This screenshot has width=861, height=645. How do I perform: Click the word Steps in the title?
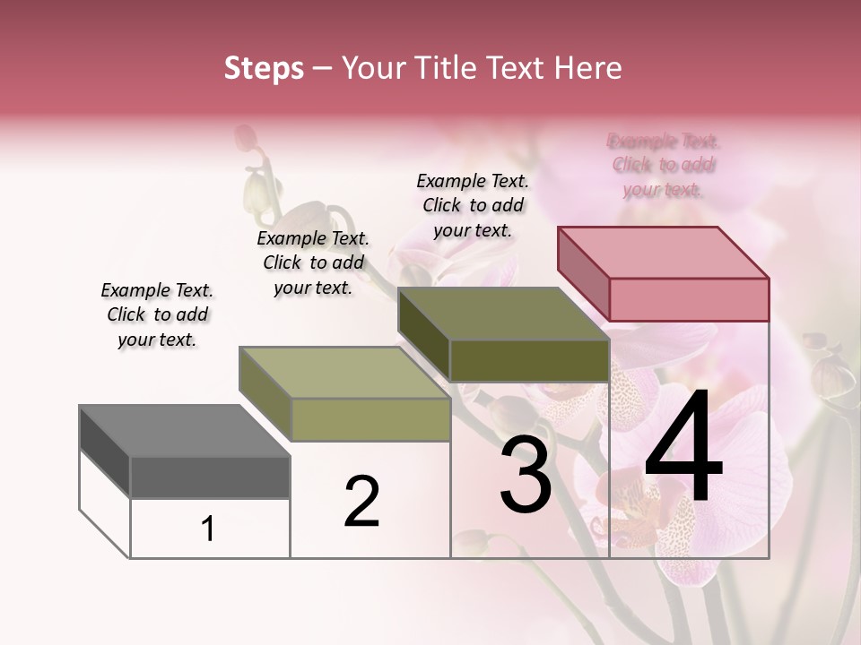[264, 68]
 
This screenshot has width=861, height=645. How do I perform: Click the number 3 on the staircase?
[526, 476]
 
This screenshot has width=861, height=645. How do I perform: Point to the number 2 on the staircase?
[361, 502]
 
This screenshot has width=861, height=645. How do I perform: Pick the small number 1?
[208, 529]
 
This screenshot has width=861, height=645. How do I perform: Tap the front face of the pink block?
[689, 299]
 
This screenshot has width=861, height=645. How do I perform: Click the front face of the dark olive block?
[529, 360]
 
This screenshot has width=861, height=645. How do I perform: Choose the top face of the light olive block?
[344, 373]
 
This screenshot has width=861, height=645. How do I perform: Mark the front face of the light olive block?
[370, 419]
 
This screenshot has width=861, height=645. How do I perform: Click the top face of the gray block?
[185, 431]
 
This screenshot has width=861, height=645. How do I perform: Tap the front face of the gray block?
[210, 477]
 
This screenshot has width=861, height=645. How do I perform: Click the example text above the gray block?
[157, 314]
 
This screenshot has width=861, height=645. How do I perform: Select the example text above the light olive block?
[313, 262]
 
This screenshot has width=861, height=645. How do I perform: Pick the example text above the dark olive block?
[473, 205]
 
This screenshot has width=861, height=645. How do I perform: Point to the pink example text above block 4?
[664, 165]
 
